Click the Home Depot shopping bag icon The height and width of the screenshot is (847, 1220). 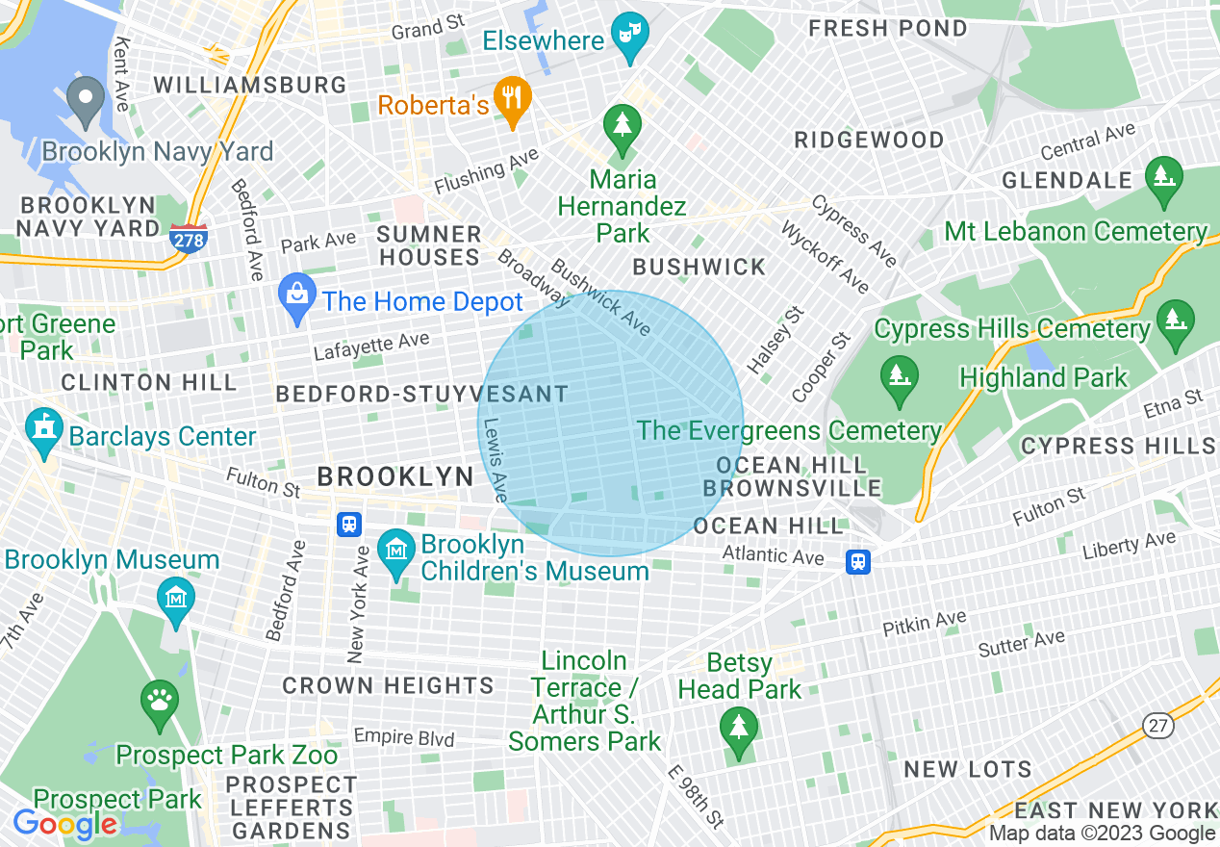297,296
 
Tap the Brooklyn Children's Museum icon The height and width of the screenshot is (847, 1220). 395,552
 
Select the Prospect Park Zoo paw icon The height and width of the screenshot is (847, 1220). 160,703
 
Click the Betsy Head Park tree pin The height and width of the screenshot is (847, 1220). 739,729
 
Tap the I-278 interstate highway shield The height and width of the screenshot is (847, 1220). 188,239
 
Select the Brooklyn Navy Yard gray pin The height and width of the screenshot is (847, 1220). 87,99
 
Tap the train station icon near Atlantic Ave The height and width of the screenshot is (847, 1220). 858,561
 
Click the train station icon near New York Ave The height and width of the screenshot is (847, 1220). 349,524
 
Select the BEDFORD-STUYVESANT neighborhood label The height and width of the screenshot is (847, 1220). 422,394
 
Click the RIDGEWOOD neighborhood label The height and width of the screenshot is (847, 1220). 869,141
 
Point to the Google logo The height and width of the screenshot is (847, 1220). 64,824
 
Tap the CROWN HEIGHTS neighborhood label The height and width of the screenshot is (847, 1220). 388,685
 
